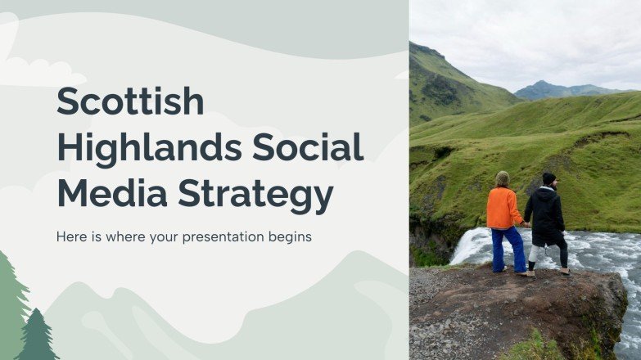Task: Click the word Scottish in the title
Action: (130, 101)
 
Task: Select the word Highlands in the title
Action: (148, 148)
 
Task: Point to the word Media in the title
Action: (111, 194)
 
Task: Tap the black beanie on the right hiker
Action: (548, 178)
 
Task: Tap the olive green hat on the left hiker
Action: (502, 178)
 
